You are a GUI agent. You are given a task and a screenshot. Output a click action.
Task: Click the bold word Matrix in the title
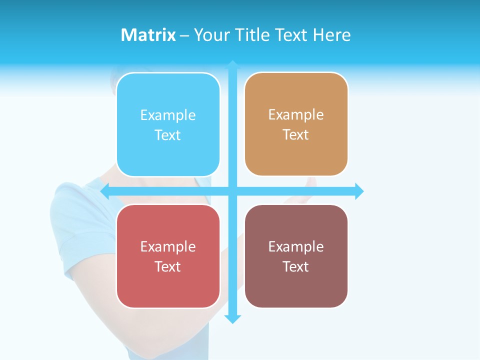(x=148, y=35)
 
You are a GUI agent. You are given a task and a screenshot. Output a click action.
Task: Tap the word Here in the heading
(x=331, y=35)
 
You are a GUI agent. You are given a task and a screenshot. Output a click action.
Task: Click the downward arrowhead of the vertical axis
(x=232, y=319)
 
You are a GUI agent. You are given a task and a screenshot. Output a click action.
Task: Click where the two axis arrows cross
(x=232, y=191)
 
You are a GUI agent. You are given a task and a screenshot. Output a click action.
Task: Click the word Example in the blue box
(x=168, y=115)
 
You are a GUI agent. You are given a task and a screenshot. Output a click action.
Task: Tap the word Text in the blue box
(x=168, y=135)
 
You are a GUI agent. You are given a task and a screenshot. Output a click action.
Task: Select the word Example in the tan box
(x=296, y=115)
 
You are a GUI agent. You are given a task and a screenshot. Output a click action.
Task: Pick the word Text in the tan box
(x=296, y=134)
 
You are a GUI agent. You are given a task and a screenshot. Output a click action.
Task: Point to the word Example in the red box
(x=168, y=247)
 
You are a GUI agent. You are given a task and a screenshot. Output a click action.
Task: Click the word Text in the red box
(x=168, y=266)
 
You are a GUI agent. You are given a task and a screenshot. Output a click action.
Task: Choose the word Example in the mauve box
(x=296, y=247)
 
